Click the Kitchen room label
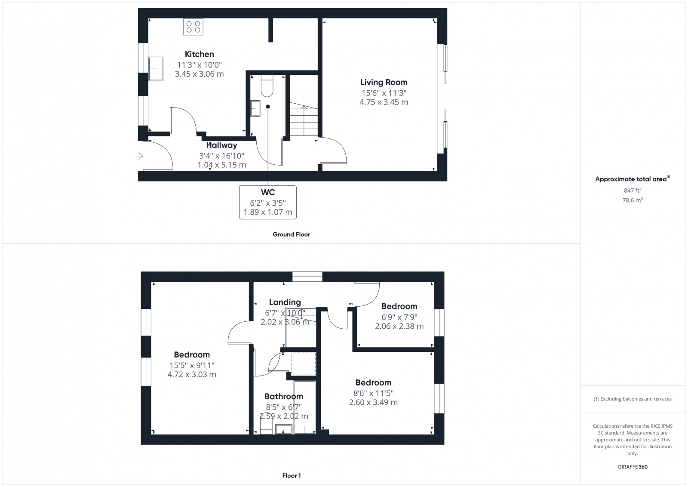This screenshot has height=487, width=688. (199, 54)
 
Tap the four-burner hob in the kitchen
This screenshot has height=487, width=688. (193, 27)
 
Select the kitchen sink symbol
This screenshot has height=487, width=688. (156, 69)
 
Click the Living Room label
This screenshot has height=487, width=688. (384, 82)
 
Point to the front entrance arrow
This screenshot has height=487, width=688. (139, 156)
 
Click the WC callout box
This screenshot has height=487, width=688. (268, 202)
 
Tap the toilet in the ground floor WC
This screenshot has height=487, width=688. (267, 86)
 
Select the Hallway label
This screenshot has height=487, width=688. (221, 145)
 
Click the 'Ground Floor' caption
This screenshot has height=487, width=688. (291, 234)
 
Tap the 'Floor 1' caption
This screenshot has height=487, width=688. (292, 476)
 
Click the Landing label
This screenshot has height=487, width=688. (285, 302)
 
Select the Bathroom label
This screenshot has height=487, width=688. (283, 396)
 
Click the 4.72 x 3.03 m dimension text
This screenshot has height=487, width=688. (192, 375)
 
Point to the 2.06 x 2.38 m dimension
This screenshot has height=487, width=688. (399, 326)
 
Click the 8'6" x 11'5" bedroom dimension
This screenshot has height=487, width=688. (373, 393)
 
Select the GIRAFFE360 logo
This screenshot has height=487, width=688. (632, 467)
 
